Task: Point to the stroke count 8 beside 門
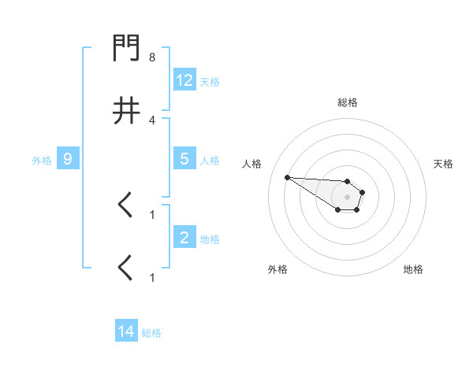coord(152,57)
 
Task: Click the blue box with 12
coord(184,80)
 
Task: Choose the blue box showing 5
coord(184,159)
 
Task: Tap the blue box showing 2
coord(184,238)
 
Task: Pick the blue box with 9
coord(68,159)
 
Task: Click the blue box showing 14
coord(126,332)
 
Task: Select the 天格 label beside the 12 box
coord(209,81)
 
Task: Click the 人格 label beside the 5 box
coord(209,160)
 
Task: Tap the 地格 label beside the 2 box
coord(209,239)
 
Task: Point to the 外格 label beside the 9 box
coord(42,160)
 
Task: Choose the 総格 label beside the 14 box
coord(151,333)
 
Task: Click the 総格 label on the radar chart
coord(347,102)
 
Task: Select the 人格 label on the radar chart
coord(252,164)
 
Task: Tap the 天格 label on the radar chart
coord(443,164)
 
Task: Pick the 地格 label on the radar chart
coord(413,269)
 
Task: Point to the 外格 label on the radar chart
coord(277,269)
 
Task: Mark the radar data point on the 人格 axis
coord(287,177)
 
